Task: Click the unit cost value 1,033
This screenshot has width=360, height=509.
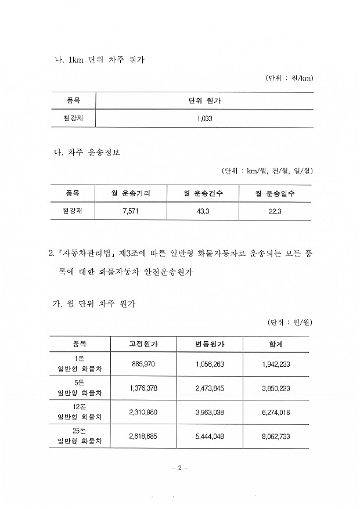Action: (x=205, y=118)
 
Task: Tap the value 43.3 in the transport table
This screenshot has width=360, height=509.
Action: (x=203, y=211)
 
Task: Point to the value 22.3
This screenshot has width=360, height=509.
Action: (x=275, y=211)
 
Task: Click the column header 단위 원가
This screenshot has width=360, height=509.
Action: (x=205, y=101)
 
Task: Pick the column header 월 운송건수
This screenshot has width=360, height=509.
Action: (x=203, y=193)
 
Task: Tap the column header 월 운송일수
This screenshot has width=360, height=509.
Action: (x=275, y=193)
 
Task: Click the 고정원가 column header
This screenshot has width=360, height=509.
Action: (x=143, y=344)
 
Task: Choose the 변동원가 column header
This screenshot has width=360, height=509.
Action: (x=210, y=344)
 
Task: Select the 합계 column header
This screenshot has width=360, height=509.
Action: (x=276, y=344)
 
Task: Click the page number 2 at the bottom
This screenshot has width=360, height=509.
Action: (x=180, y=468)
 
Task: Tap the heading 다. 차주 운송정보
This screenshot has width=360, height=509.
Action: (x=88, y=153)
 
